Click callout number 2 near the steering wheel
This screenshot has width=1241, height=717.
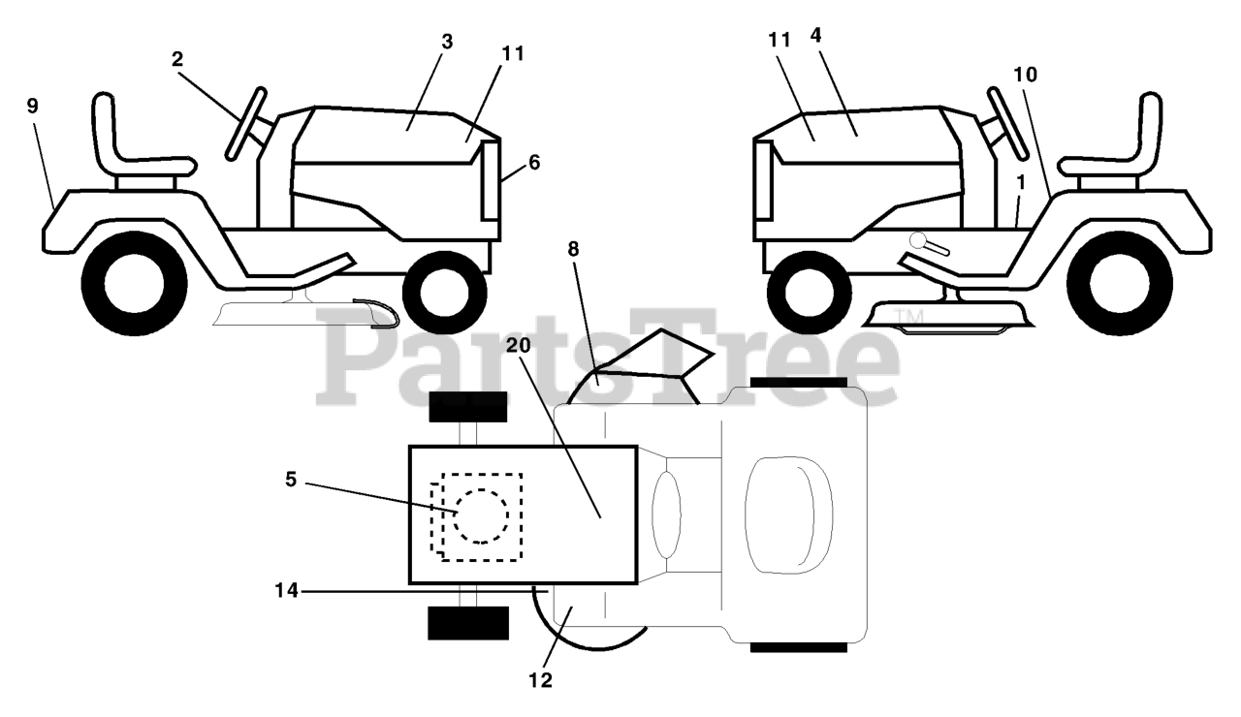(x=177, y=58)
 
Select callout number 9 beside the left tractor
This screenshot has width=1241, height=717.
(x=33, y=106)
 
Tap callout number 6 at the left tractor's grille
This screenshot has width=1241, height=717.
(x=533, y=163)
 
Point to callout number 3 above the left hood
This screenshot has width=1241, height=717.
(x=447, y=42)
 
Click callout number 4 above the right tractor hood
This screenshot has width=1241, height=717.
(x=815, y=35)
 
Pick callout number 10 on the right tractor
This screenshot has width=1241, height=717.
(x=1025, y=74)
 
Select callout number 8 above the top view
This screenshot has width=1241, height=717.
(x=573, y=249)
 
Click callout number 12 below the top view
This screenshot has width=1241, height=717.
(x=541, y=680)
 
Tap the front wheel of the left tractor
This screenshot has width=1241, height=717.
(x=444, y=291)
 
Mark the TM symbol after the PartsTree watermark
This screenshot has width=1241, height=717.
(x=907, y=317)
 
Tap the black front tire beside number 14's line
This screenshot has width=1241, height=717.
(x=468, y=623)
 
